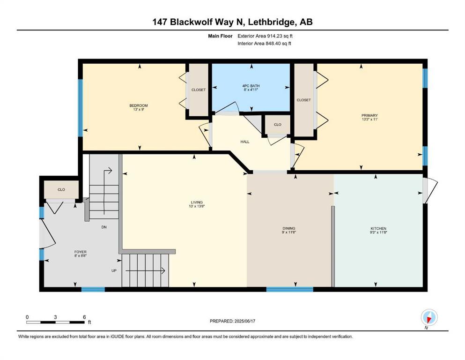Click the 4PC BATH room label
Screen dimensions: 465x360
point(251,86)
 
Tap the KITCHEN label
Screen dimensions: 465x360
point(378,229)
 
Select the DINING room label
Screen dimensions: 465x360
point(289,228)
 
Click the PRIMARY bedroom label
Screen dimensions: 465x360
point(369,115)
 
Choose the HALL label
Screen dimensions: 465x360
point(245,142)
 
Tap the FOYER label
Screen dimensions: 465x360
point(81,252)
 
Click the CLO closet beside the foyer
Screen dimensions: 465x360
point(61,190)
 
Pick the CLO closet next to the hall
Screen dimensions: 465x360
point(278,125)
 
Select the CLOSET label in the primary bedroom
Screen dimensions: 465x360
point(303,100)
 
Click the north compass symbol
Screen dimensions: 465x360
point(429,318)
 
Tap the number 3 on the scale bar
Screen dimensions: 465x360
point(55,317)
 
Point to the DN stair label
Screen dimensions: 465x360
point(104,227)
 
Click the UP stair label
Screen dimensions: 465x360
point(114,270)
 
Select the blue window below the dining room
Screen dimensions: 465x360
point(289,289)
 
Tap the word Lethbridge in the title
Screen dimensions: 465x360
point(272,22)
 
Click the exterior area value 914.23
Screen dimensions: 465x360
point(275,36)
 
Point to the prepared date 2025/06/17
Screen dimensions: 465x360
point(244,321)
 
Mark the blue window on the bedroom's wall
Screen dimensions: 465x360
point(80,108)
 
